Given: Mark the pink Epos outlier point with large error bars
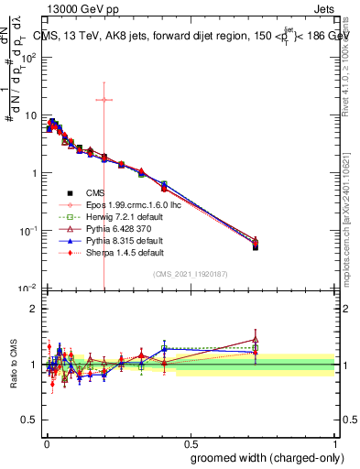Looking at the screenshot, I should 104,100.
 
